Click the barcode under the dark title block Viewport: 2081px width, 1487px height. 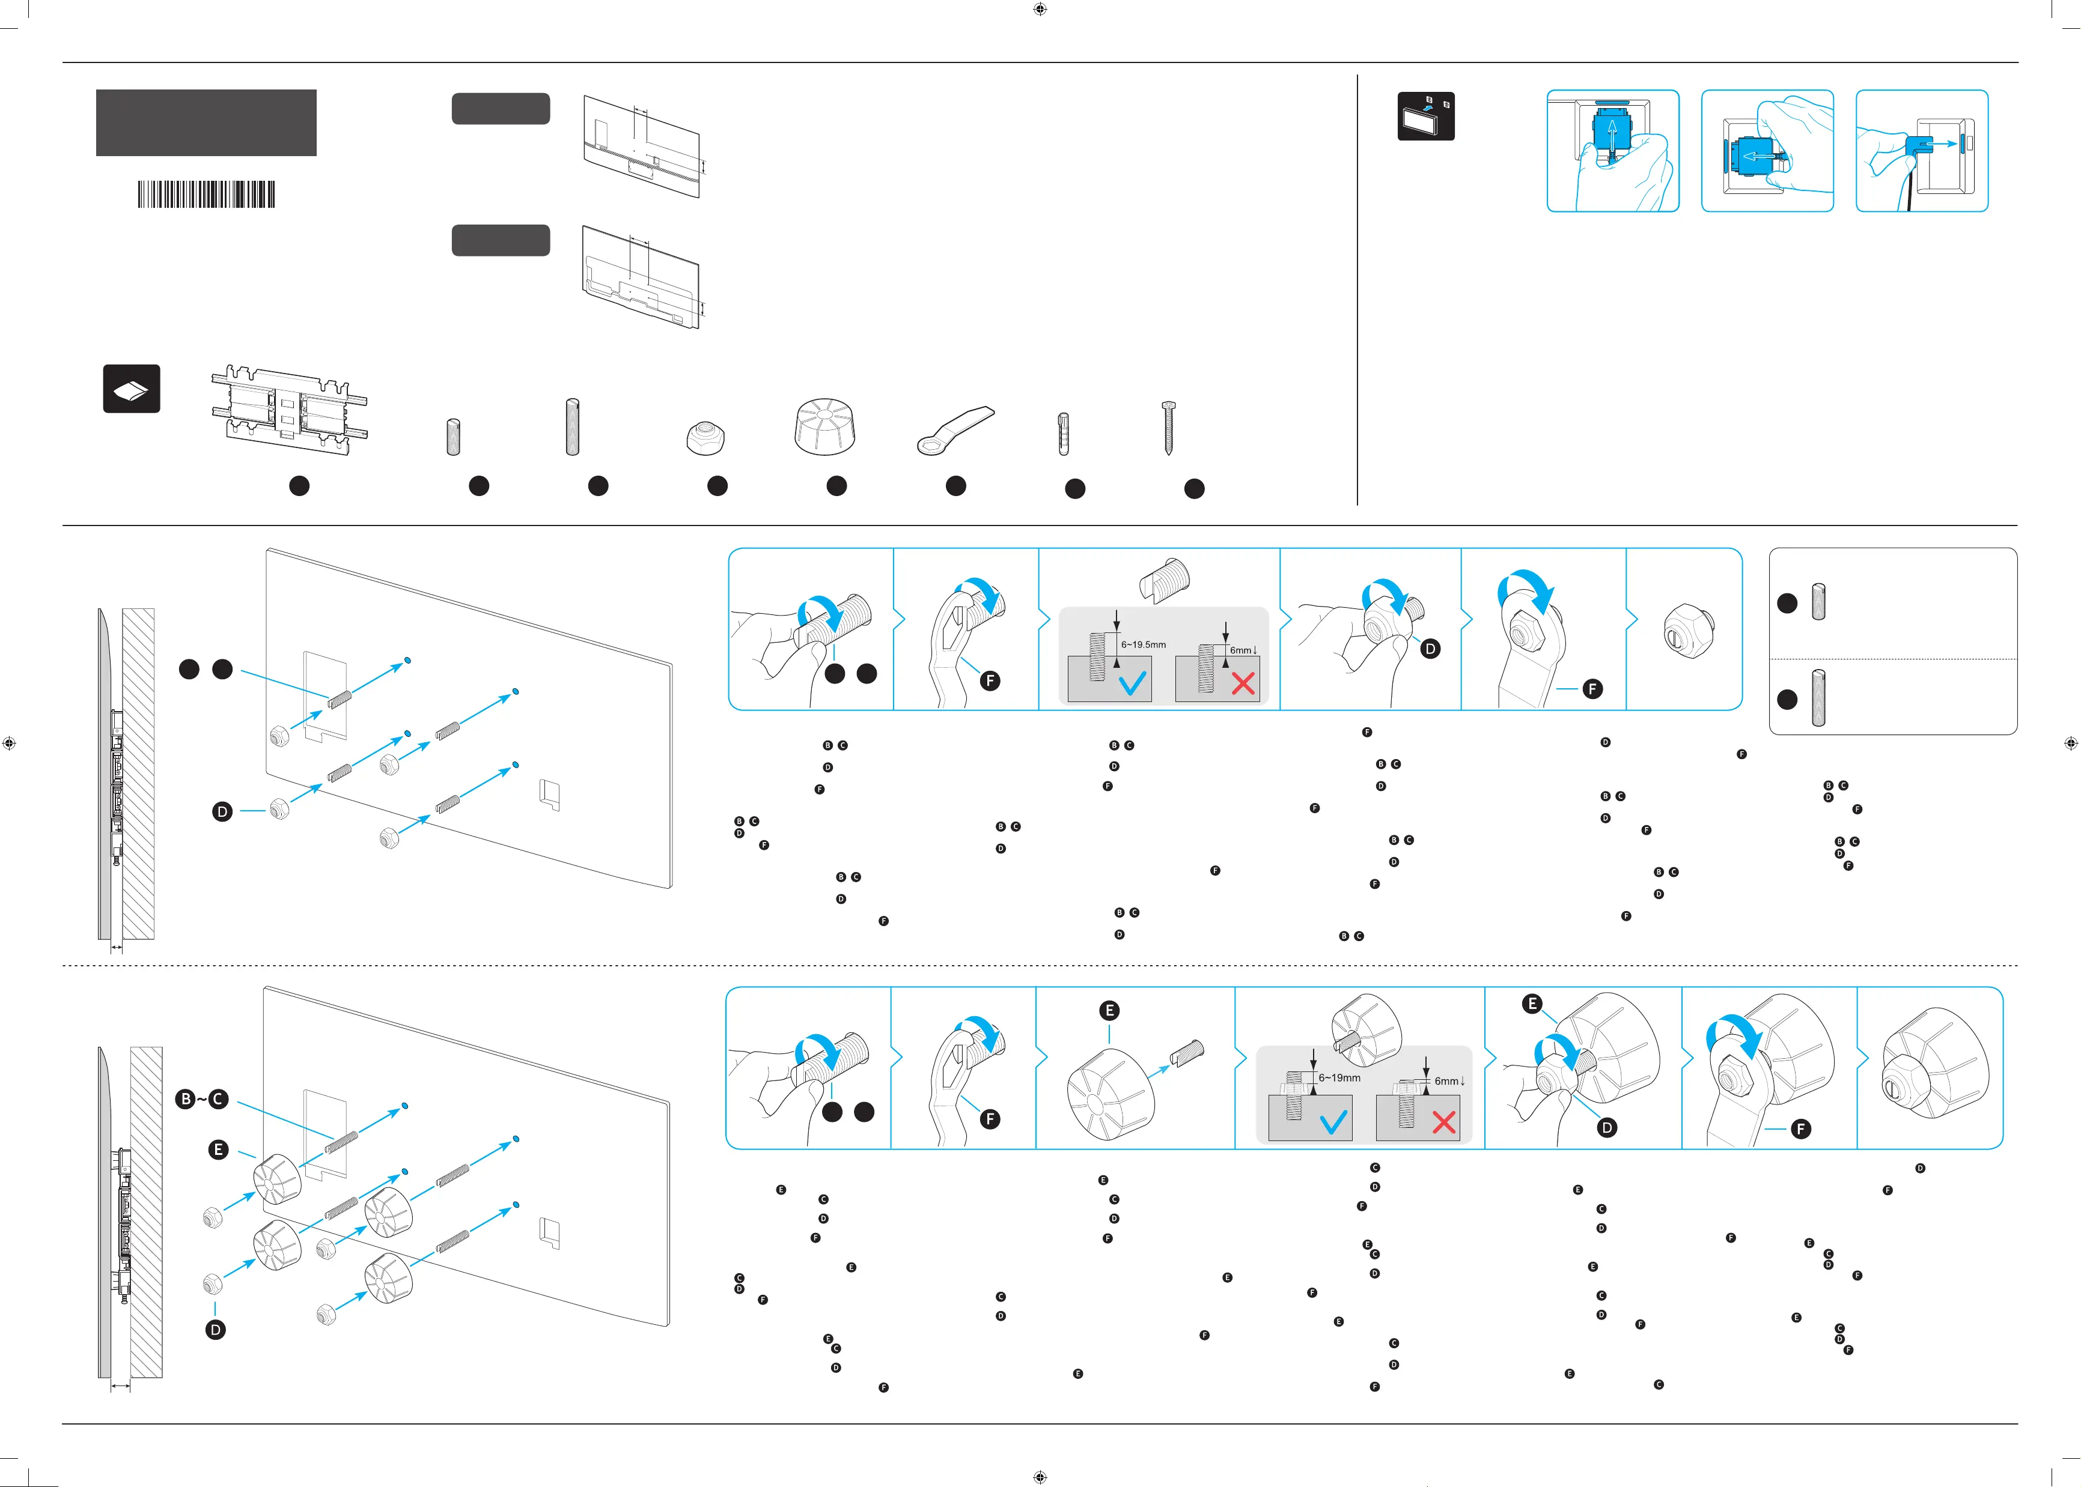click(206, 194)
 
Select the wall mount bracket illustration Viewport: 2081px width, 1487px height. click(290, 412)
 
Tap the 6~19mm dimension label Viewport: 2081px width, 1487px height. click(1339, 1077)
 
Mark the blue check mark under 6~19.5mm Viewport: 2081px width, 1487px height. click(1133, 682)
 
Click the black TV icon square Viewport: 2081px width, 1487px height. click(1425, 117)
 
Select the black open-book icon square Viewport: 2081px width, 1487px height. click(131, 389)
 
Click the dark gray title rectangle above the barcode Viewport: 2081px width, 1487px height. click(206, 123)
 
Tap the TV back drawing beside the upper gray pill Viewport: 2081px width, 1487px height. click(642, 147)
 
